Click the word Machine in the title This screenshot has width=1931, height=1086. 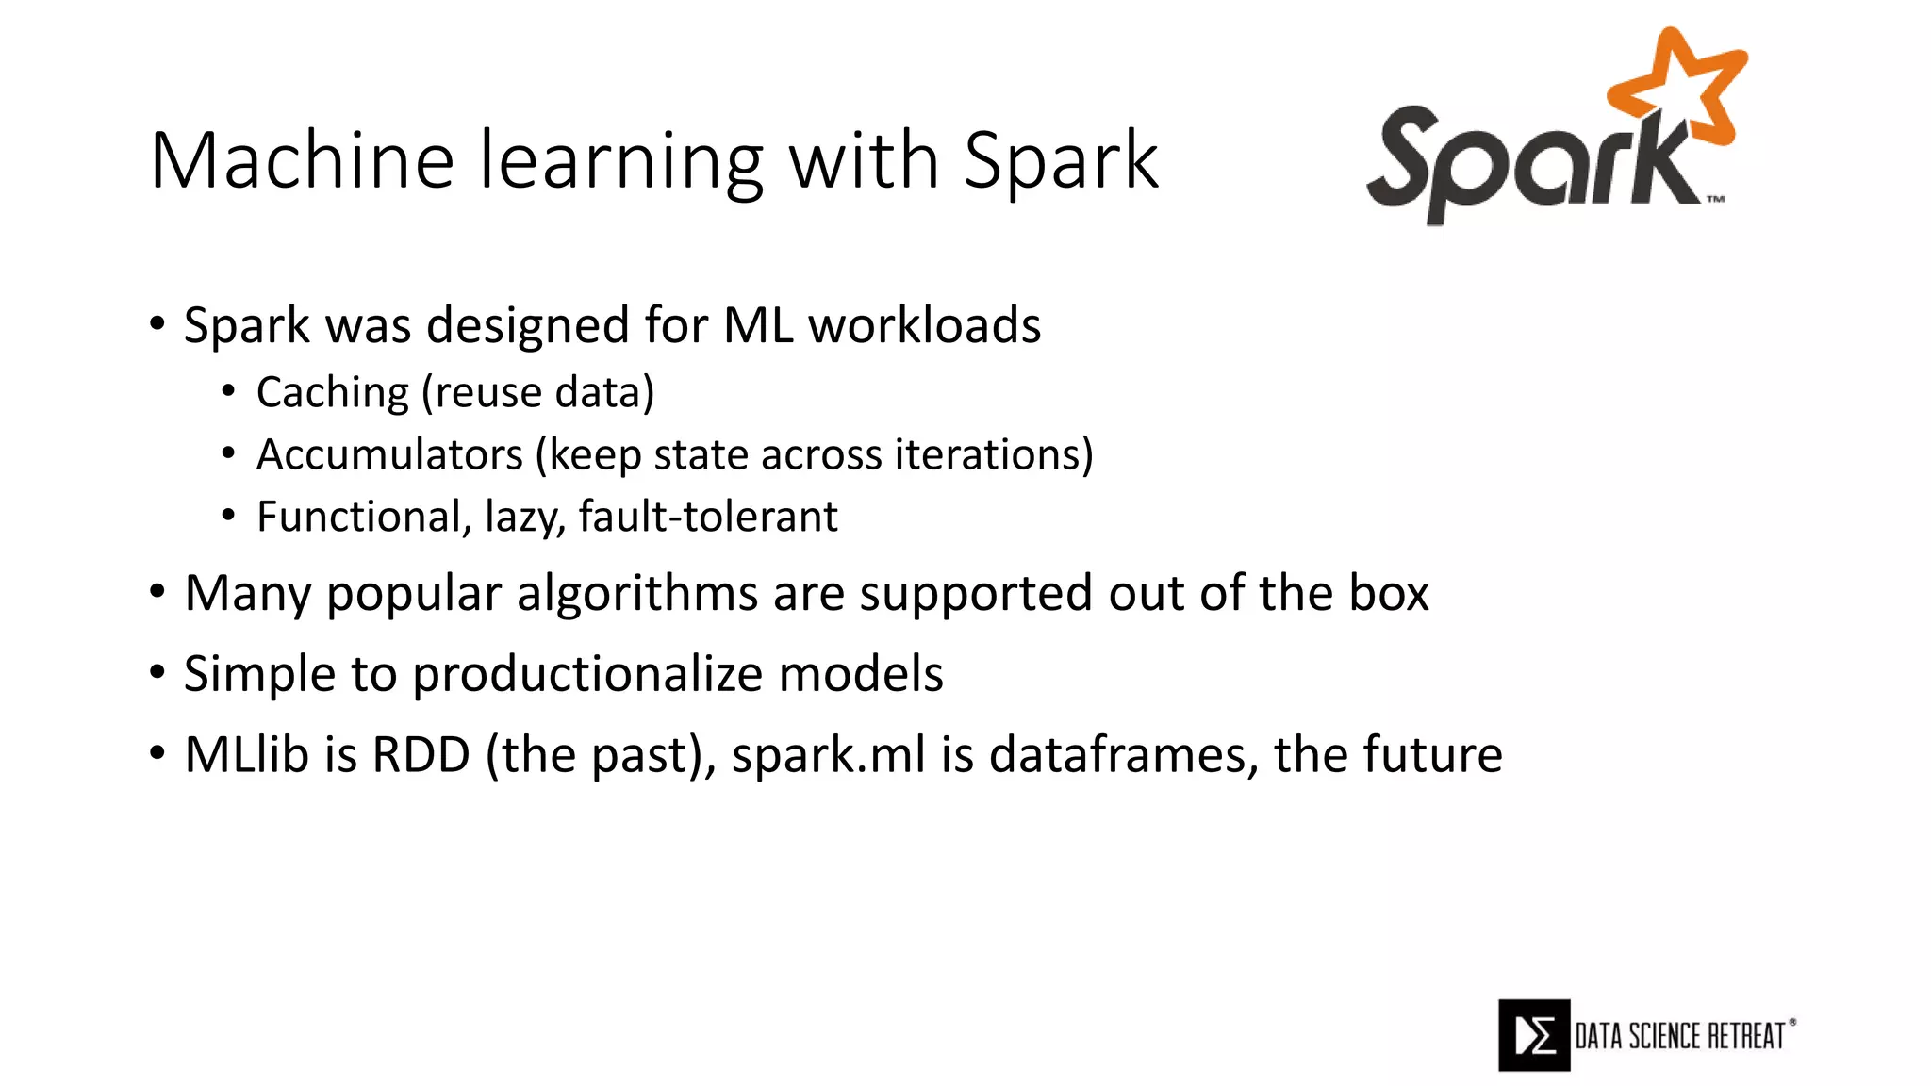tap(302, 160)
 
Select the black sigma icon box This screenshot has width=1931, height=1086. tap(1534, 1035)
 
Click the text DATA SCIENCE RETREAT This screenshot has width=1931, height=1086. tap(1680, 1036)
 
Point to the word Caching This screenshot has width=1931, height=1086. tap(333, 392)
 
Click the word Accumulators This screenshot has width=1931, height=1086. tap(389, 454)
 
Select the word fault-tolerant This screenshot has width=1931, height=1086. tap(708, 517)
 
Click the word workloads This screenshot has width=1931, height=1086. tap(924, 325)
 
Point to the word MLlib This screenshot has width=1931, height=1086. tap(245, 754)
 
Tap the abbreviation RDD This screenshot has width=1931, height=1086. tap(421, 754)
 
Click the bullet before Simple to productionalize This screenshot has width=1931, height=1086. tap(157, 672)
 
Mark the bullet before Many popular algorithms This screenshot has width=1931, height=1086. tap(157, 592)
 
